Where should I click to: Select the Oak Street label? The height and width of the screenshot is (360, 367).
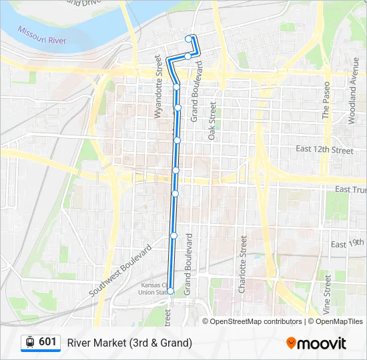212,120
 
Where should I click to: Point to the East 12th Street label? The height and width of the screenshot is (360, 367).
324,150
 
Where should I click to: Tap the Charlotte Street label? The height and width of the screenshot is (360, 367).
243,265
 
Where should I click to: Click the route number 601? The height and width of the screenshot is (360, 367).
47,342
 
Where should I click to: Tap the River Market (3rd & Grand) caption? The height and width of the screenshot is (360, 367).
129,343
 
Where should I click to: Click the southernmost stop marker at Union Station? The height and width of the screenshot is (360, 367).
171,291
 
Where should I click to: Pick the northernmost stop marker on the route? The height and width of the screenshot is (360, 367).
188,39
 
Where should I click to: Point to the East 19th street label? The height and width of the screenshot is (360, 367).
348,244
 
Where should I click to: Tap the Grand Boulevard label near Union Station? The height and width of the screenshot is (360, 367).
188,264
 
